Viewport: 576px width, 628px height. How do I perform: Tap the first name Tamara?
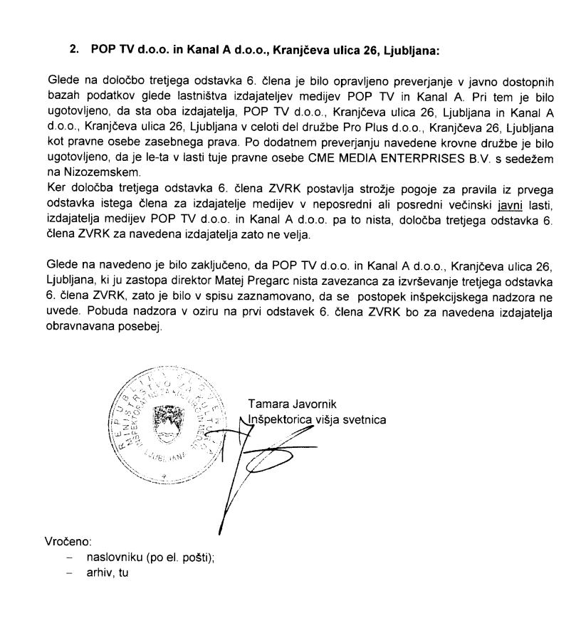pos(267,404)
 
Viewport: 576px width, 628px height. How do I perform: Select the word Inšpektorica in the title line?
pos(278,419)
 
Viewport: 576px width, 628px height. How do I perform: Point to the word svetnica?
pos(365,419)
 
